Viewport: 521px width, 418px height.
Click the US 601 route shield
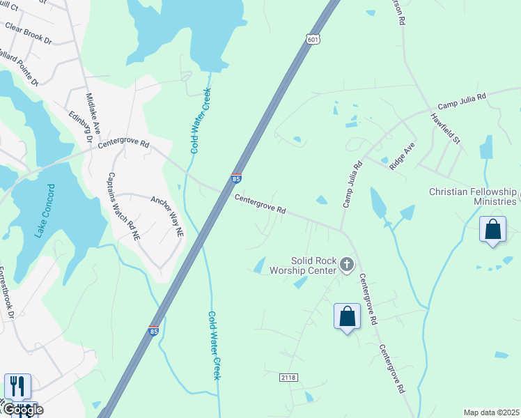click(x=313, y=40)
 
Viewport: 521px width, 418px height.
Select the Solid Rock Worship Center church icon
click(x=347, y=264)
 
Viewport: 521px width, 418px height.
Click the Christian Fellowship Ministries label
click(x=473, y=196)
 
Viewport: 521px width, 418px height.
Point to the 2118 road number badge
click(x=289, y=377)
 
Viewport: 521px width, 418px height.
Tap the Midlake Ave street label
click(x=93, y=114)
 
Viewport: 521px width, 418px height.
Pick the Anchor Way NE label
click(x=167, y=215)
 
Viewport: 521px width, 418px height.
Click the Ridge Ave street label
click(x=403, y=156)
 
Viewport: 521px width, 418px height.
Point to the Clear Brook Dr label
click(x=29, y=34)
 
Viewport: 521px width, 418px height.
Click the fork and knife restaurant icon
click(x=17, y=387)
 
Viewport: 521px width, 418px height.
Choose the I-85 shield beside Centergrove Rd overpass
click(x=236, y=179)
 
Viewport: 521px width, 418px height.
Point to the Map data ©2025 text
click(x=492, y=412)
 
